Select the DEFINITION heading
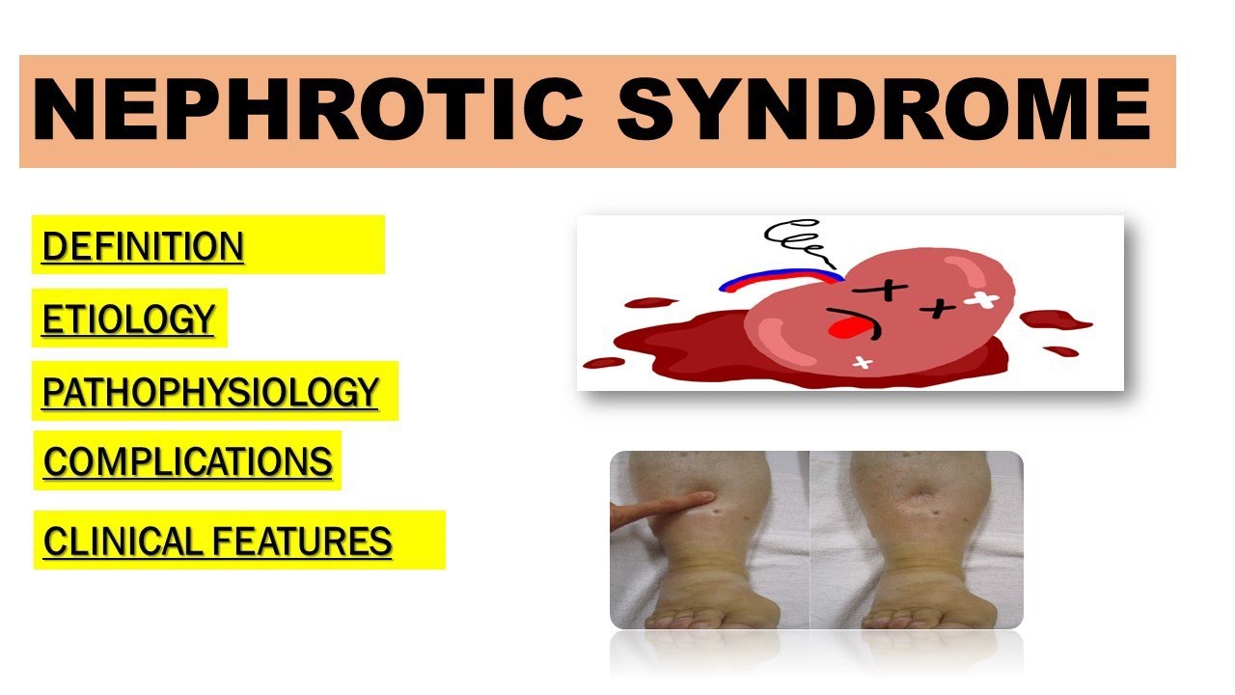point(143,246)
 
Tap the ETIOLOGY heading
point(127,319)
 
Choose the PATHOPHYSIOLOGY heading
point(210,392)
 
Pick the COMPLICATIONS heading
point(187,461)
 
